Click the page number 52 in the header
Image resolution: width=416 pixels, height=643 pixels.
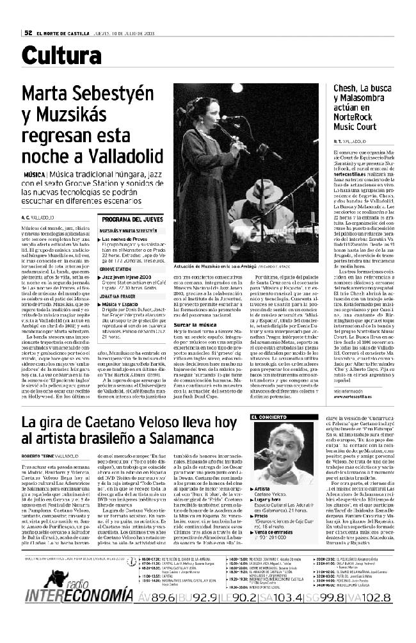[x=28, y=33]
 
